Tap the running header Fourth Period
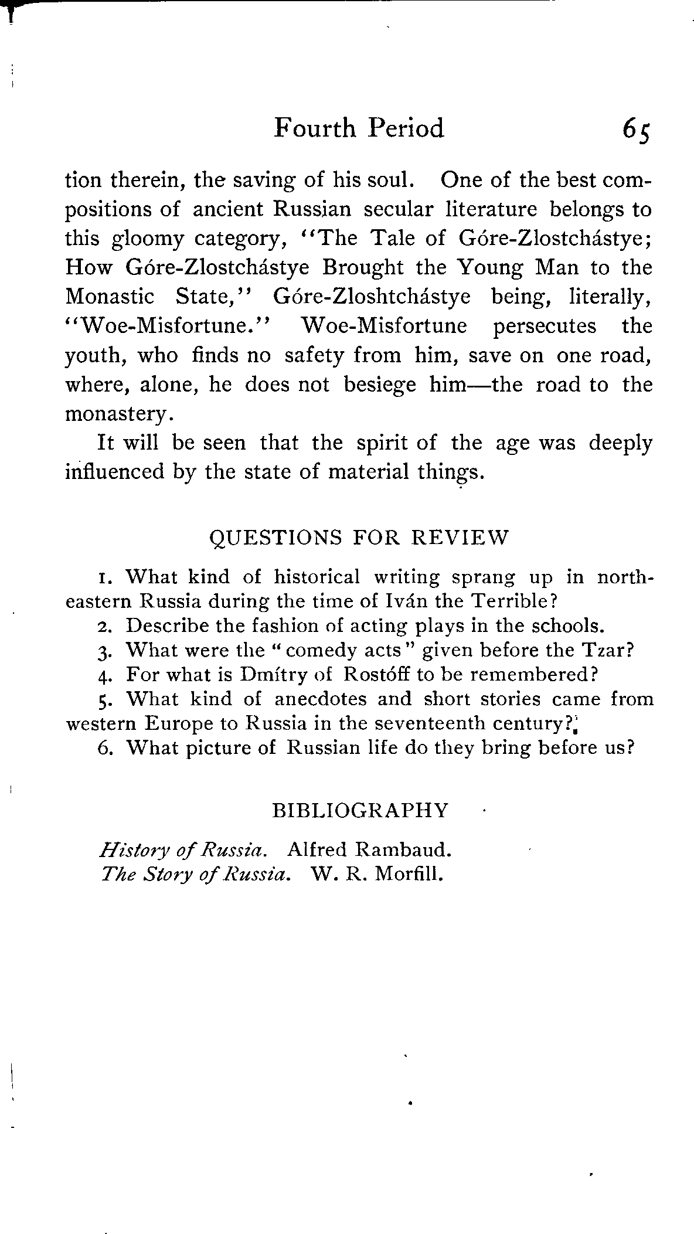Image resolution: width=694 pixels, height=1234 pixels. (x=359, y=128)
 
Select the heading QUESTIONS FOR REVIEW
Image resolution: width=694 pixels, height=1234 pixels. (x=359, y=537)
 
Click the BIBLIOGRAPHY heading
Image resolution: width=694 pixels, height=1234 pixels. (x=360, y=811)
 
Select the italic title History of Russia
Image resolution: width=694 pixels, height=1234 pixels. (x=181, y=849)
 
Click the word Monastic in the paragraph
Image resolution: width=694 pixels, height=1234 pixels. (x=110, y=297)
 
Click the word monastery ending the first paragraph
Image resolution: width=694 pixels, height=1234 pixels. (x=117, y=414)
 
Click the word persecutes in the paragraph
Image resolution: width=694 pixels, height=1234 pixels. (x=545, y=326)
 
